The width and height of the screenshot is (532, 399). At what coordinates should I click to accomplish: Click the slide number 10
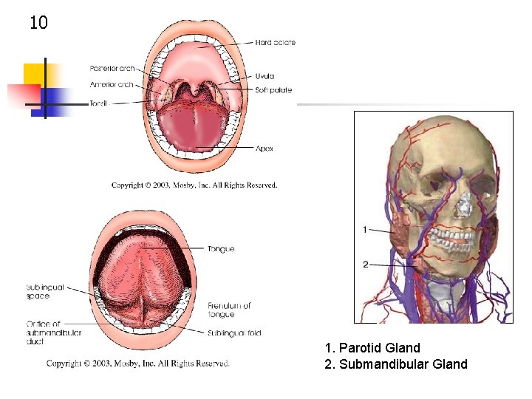coord(38,23)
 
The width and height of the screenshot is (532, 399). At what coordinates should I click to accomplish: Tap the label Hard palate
coord(275,43)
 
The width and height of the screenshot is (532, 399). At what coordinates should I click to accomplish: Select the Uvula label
coord(265,76)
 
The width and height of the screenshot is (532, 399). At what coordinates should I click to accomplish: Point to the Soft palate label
coord(273,90)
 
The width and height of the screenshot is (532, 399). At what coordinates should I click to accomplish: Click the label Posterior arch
coord(112,69)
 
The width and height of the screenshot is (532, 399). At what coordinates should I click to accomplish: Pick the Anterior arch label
coord(112,84)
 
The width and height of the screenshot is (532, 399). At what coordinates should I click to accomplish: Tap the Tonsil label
coord(98,103)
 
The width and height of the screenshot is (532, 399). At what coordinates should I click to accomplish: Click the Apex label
coord(265,149)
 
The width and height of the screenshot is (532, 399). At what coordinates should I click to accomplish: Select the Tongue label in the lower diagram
coord(221,249)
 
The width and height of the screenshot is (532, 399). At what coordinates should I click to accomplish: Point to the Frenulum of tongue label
coord(229,310)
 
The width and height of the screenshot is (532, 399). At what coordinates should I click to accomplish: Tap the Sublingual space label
coord(46,291)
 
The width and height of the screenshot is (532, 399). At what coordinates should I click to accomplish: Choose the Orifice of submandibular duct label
coord(53,332)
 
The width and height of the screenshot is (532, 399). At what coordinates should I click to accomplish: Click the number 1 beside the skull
coord(365,230)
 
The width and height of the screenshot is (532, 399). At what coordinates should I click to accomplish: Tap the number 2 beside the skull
coord(365,264)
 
